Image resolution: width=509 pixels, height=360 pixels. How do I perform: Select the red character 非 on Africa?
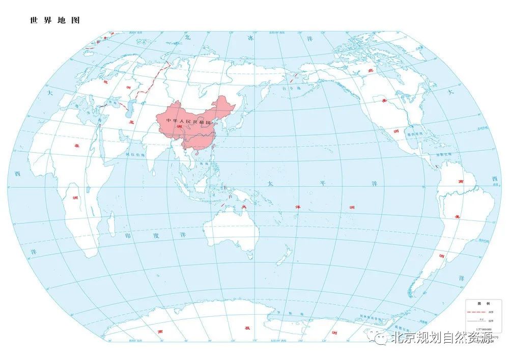pos(77,147)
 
